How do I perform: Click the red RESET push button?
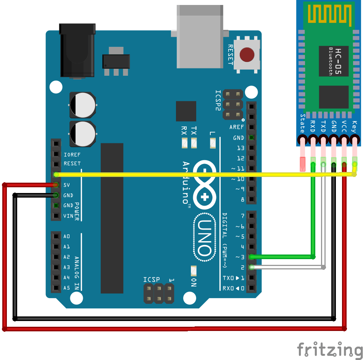point(247,55)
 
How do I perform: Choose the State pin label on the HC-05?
point(303,123)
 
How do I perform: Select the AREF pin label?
point(237,127)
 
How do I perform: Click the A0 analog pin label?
point(67,237)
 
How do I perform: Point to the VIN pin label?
point(68,216)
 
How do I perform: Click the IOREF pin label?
point(72,155)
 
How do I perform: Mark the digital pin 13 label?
point(240,148)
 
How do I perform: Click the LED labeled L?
point(213,143)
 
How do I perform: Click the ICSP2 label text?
point(218,100)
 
